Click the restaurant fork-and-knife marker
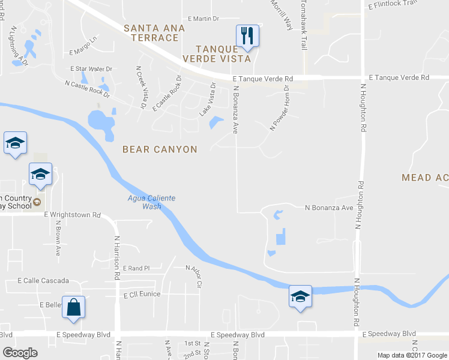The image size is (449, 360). [247, 35]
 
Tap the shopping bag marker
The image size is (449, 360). [73, 307]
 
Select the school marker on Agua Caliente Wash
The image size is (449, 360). [300, 296]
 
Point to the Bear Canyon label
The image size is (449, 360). [160, 149]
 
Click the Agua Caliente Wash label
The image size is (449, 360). [144, 202]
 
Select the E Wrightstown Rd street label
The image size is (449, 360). [72, 214]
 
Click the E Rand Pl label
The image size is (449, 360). [136, 268]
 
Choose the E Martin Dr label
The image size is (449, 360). [203, 19]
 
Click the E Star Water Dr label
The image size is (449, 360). [91, 69]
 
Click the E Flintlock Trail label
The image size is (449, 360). [394, 4]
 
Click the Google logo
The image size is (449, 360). [20, 353]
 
